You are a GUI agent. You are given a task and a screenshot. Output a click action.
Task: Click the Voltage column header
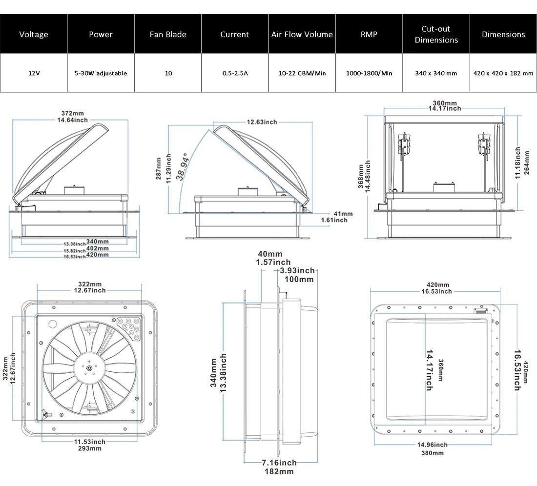pyautogui.click(x=34, y=34)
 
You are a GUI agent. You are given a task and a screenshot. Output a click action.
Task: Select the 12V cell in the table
pyautogui.click(x=34, y=73)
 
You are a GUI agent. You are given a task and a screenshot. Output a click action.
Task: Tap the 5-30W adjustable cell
pyautogui.click(x=101, y=73)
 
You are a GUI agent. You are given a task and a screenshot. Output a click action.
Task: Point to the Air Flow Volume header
pyautogui.click(x=302, y=34)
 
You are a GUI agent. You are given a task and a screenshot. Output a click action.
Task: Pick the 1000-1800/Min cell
pyautogui.click(x=369, y=73)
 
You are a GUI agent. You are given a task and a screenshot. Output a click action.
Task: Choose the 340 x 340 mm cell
pyautogui.click(x=436, y=73)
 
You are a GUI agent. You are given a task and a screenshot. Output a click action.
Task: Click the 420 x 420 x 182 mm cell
pyautogui.click(x=503, y=73)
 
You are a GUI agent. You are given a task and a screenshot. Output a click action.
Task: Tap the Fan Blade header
pyautogui.click(x=168, y=34)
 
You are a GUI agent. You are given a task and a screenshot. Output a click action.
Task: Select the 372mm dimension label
pyautogui.click(x=71, y=113)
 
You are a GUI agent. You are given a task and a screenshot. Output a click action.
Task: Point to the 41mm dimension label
pyautogui.click(x=343, y=214)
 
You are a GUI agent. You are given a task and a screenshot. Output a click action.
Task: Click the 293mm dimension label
pyautogui.click(x=90, y=448)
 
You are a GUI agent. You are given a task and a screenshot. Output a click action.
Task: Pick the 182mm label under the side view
pyautogui.click(x=279, y=471)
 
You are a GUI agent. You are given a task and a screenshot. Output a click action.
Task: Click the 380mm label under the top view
pyautogui.click(x=433, y=452)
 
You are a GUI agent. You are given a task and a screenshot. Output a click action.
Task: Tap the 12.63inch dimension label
pyautogui.click(x=262, y=121)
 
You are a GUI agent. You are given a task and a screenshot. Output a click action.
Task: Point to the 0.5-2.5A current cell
pyautogui.click(x=235, y=73)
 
